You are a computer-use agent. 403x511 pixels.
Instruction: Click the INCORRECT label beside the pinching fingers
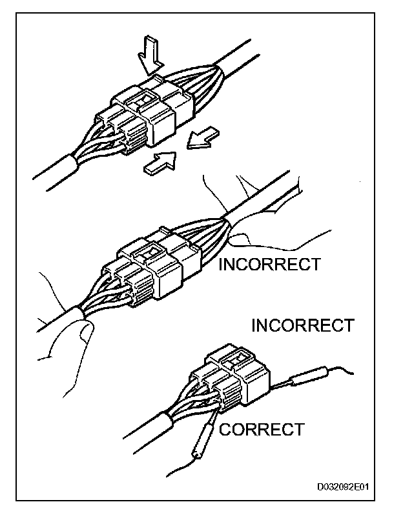tap(270, 264)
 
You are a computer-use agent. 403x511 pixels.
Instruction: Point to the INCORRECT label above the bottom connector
tap(302, 325)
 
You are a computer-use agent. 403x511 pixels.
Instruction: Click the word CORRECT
tap(261, 429)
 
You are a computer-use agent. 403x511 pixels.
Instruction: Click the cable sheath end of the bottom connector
tap(165, 422)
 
